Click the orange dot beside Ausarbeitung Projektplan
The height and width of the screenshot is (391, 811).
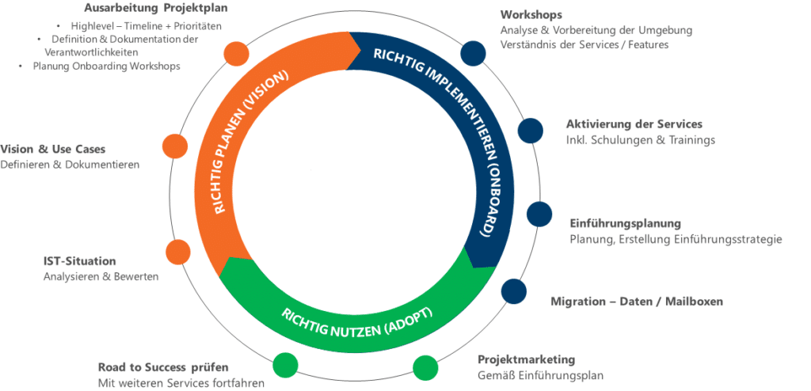pos(236,53)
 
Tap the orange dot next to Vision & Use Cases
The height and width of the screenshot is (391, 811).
pos(175,146)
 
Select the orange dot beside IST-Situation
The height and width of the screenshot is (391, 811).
pos(178,252)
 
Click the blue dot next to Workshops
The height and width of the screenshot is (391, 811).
pos(473,53)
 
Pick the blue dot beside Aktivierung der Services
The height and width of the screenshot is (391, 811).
pos(530,131)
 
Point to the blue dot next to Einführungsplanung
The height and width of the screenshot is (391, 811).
pos(539,214)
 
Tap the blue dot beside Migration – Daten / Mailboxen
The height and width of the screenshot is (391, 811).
pos(513,291)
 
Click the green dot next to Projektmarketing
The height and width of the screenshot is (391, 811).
pos(425,368)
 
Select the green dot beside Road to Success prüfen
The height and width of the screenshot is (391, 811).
pos(285,365)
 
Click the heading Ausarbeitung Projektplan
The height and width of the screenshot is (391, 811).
pos(156,8)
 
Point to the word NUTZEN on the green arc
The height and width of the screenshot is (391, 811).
pos(350,325)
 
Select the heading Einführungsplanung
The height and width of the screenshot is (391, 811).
pos(626,224)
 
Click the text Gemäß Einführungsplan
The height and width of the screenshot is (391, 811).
pos(540,375)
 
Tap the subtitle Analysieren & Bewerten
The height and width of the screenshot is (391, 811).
pos(101,277)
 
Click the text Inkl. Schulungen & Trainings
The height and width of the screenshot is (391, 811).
pos(641,139)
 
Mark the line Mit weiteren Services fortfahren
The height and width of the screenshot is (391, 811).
pos(181,383)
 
